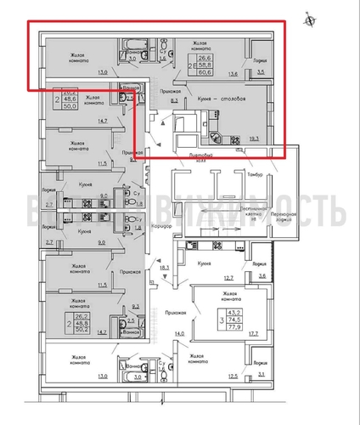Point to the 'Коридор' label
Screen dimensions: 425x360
tap(161, 229)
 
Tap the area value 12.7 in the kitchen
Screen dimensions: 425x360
tap(228, 278)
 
